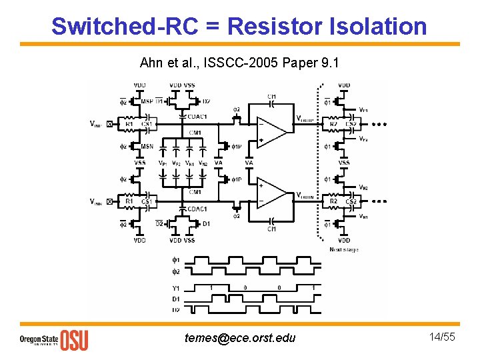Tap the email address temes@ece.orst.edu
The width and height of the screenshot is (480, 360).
pyautogui.click(x=239, y=337)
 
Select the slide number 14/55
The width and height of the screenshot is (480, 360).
pyautogui.click(x=443, y=337)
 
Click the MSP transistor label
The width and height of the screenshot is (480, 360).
pyautogui.click(x=146, y=101)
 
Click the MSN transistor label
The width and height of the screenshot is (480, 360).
pyautogui.click(x=147, y=146)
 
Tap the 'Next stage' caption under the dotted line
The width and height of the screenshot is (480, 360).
pyautogui.click(x=343, y=249)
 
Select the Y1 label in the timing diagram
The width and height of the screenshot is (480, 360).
pyautogui.click(x=176, y=289)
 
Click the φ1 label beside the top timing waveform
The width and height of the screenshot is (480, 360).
pyautogui.click(x=176, y=260)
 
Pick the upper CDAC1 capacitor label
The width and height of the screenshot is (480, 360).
pyautogui.click(x=197, y=117)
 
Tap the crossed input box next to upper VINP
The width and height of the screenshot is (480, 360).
pyautogui.click(x=110, y=124)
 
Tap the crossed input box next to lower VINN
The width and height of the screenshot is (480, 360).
pyautogui.click(x=110, y=201)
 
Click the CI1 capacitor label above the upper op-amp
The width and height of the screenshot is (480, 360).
pyautogui.click(x=271, y=97)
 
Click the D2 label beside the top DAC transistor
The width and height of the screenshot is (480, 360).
pyautogui.click(x=207, y=101)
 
